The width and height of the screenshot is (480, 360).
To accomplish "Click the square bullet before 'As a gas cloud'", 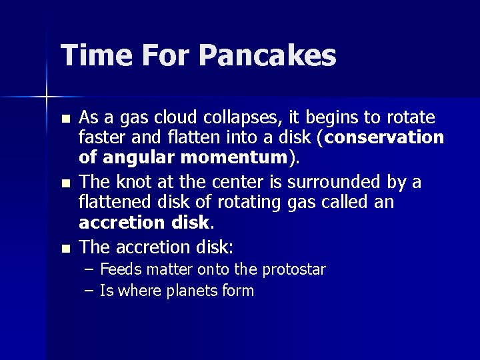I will [64, 119].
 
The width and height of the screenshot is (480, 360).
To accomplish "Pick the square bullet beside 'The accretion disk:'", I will [64, 249].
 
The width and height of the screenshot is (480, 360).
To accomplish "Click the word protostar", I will [293, 269].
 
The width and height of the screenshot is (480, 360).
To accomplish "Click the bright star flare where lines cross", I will [47, 97].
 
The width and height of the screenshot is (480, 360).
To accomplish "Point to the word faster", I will [100, 138].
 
